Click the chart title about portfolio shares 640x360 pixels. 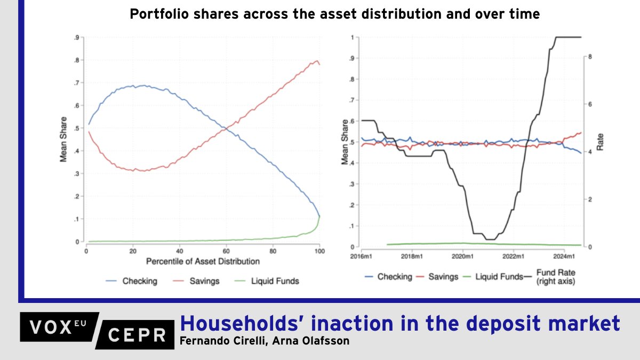[x=334, y=15]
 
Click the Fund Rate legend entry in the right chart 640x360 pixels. [x=555, y=277]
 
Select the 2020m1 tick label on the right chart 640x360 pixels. [x=462, y=256]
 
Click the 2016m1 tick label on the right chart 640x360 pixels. [x=361, y=256]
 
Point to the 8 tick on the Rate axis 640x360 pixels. [x=588, y=57]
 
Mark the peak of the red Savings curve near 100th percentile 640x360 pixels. [x=317, y=61]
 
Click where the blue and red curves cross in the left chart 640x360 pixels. [x=228, y=128]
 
